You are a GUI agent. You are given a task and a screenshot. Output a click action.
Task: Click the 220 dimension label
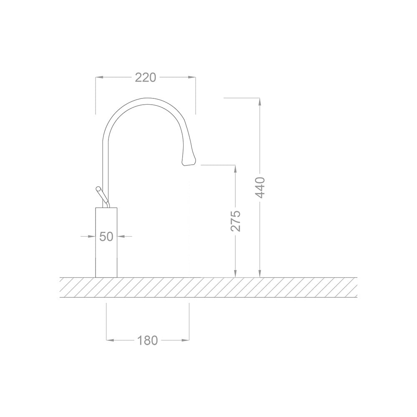coord(146,77)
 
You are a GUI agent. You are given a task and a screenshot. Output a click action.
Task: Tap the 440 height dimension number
coord(260,187)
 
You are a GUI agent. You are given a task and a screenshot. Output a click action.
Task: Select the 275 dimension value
coord(236,221)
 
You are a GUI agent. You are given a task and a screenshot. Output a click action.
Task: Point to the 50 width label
coord(106,236)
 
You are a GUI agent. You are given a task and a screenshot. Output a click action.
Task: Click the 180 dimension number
coord(148,340)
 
